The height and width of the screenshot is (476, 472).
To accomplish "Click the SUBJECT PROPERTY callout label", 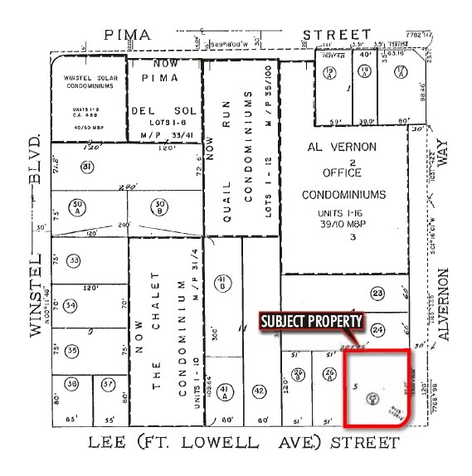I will click(312, 321).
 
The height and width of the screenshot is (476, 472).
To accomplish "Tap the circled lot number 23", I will click(379, 293).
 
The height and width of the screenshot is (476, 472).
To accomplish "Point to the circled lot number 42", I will click(259, 391).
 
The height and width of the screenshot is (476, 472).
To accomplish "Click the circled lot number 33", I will click(74, 261).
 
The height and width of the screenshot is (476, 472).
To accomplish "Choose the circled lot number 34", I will click(71, 305).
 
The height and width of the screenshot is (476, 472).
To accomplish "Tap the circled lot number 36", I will click(72, 385).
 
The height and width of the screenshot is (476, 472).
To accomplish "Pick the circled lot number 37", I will click(109, 385).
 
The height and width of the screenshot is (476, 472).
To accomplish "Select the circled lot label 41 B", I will click(221, 282).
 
